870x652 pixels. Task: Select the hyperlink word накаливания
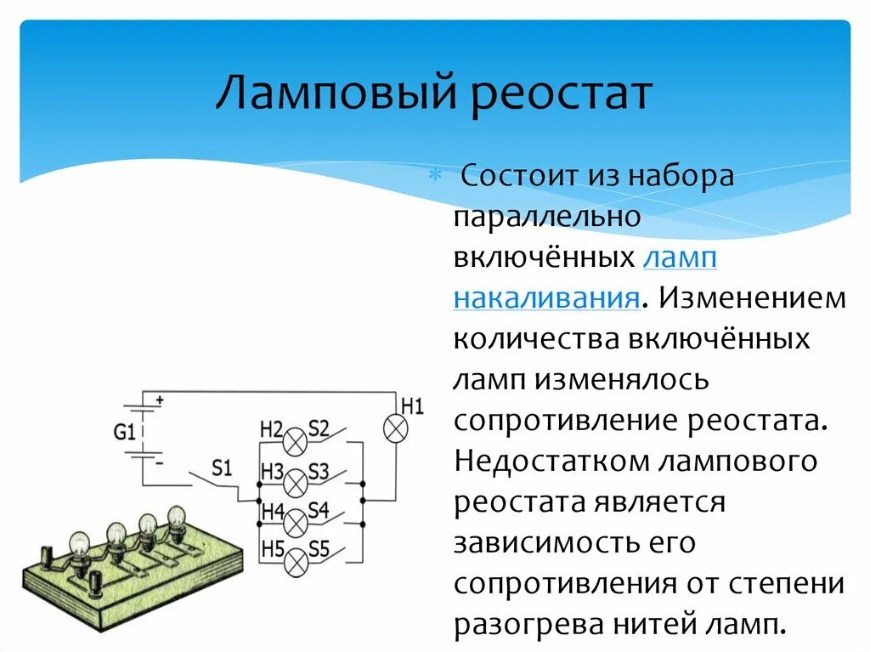[545, 298]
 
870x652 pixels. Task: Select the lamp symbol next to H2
[295, 441]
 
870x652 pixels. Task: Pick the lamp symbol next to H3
[295, 482]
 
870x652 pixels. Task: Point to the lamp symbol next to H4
[295, 520]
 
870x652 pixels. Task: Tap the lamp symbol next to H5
[295, 560]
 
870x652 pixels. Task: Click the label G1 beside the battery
[124, 432]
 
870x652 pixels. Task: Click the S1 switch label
[222, 467]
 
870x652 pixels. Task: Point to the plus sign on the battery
[159, 398]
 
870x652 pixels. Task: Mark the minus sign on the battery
[159, 463]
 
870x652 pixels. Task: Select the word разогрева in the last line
[528, 624]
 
